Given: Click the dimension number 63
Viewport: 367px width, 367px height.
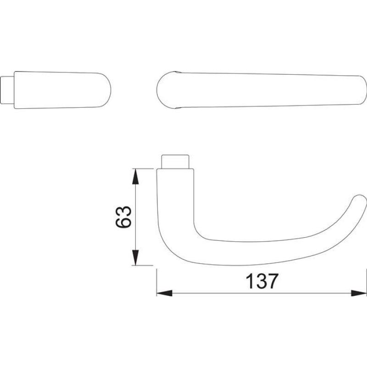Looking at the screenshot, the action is [x=123, y=217].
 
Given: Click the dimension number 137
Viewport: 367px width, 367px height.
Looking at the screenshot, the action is [x=262, y=281].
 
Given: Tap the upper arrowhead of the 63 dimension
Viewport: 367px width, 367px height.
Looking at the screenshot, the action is [x=135, y=177].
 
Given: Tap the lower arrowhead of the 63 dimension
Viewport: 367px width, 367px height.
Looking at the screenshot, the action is [x=135, y=257].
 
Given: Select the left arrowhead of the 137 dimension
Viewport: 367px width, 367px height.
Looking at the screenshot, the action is [x=164, y=293].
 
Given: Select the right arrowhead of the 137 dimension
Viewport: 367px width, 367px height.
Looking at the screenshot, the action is [x=359, y=293].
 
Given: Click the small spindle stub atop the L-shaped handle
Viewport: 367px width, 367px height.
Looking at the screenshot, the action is [x=175, y=161].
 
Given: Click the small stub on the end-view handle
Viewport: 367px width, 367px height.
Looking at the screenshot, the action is [x=7, y=90].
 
